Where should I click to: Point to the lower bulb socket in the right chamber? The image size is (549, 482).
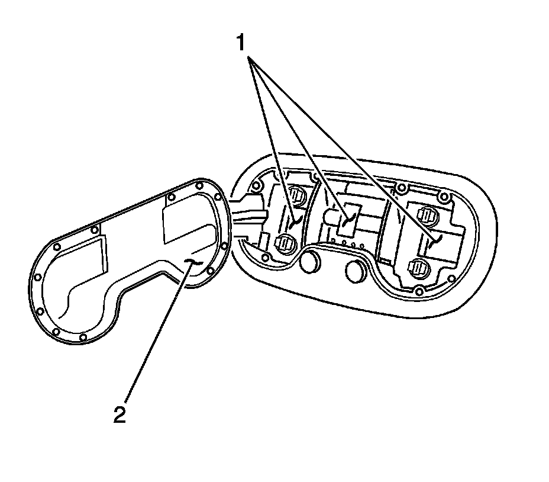[x=418, y=267]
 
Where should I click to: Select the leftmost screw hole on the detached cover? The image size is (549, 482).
[x=37, y=277]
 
